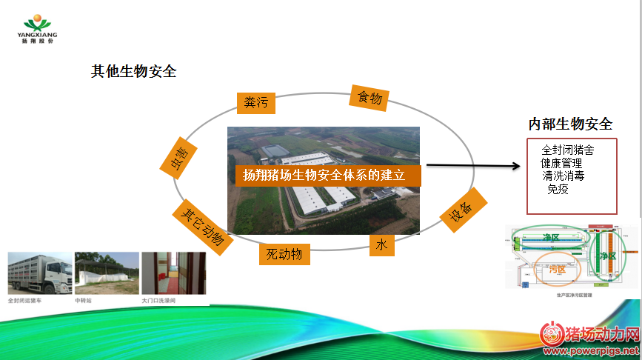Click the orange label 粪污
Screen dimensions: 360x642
[x=255, y=103]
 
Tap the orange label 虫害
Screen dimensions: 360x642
[x=179, y=157]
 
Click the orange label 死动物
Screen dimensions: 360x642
[x=284, y=254]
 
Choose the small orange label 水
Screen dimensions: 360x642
[x=381, y=244]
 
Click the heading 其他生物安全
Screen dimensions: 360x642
[x=133, y=72]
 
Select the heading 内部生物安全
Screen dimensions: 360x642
[x=570, y=124]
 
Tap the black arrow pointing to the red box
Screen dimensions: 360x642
[x=473, y=167]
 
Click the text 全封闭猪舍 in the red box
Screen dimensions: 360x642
[x=567, y=150]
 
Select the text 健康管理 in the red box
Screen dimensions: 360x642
[x=561, y=163]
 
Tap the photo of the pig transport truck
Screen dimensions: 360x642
[x=39, y=273]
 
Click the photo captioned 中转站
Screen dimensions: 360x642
[x=107, y=273]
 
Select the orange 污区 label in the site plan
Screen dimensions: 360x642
[x=556, y=270]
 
